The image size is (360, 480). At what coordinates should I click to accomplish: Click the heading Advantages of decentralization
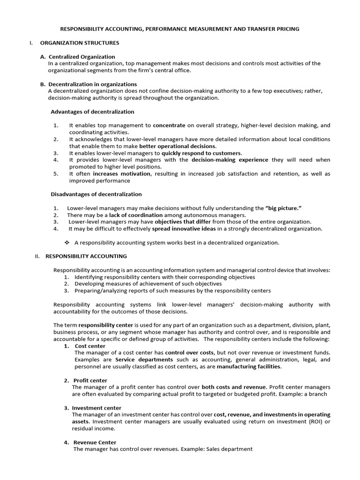coord(92,112)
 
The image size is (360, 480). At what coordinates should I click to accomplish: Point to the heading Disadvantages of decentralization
coord(96,194)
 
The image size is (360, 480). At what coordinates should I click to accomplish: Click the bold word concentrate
coord(169,126)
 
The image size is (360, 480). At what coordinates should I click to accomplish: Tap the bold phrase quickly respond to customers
coord(202,153)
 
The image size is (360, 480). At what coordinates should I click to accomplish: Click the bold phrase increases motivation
coord(122,174)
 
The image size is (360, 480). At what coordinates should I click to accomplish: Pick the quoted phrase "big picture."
coord(283,208)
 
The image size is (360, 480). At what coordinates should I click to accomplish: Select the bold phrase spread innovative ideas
coord(184,229)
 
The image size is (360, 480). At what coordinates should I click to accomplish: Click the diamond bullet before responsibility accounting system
coord(67,243)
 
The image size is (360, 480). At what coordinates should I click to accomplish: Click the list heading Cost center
coord(90,346)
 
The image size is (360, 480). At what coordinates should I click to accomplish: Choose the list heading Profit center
coord(91,380)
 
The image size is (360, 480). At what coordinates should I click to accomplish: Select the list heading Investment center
coord(97,408)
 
